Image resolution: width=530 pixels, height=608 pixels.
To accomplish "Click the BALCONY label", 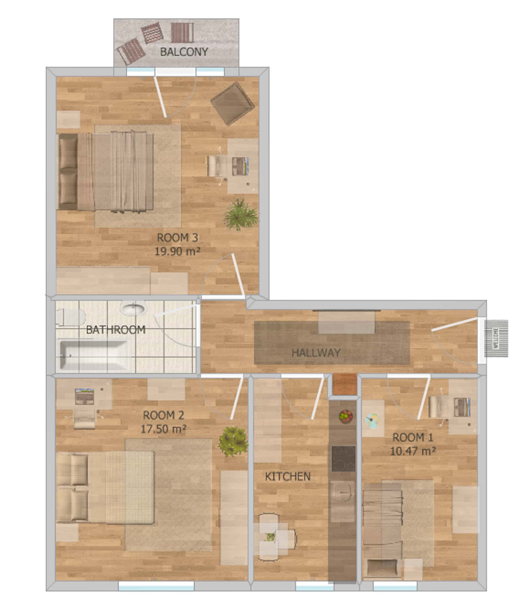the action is [184, 52].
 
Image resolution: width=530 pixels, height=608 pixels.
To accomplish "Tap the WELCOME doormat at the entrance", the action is [496, 338].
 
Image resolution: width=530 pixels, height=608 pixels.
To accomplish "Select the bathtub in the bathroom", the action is [94, 355].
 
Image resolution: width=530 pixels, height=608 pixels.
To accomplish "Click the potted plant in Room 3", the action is [241, 214].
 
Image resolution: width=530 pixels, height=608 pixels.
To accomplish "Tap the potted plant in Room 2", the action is [233, 441].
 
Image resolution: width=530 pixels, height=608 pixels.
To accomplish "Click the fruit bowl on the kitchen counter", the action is [346, 416].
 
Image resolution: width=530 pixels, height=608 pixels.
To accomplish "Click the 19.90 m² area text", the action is [178, 251].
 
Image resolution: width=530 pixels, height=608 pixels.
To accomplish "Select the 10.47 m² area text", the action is [413, 451].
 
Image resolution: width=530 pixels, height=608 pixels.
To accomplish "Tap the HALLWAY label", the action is [316, 353].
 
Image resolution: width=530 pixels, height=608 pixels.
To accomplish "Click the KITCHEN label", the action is [288, 477].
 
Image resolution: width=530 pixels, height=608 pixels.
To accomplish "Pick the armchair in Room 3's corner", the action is [233, 103].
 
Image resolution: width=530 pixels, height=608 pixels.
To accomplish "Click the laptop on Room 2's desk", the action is [84, 396].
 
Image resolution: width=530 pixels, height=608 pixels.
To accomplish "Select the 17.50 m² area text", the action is [164, 429].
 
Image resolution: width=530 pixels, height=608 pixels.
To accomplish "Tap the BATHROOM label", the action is [116, 330].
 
